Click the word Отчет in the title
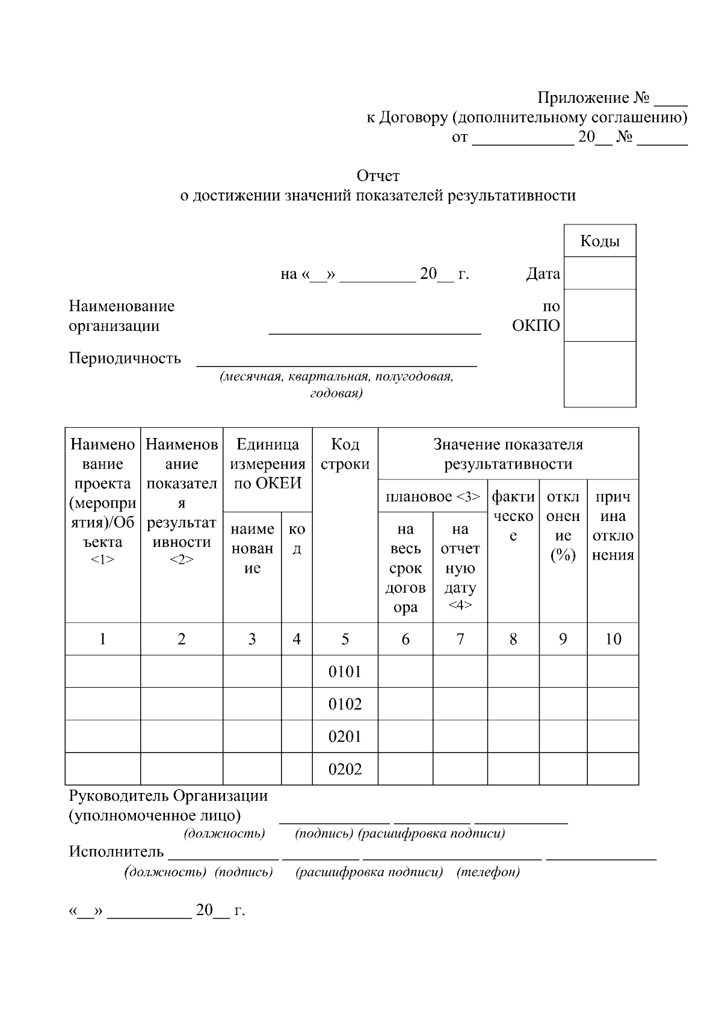pyautogui.click(x=378, y=176)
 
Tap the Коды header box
pyautogui.click(x=599, y=241)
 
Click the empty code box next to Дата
pyautogui.click(x=599, y=273)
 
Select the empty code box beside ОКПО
pyautogui.click(x=599, y=315)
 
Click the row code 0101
pyautogui.click(x=345, y=671)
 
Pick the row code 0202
pyautogui.click(x=345, y=769)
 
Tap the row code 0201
pyautogui.click(x=345, y=736)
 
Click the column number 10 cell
pyautogui.click(x=612, y=639)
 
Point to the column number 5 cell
pyautogui.click(x=345, y=639)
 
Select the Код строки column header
pyautogui.click(x=345, y=454)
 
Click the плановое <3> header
pyautogui.click(x=433, y=496)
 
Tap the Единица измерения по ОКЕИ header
pyautogui.click(x=267, y=463)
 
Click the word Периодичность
pyautogui.click(x=125, y=358)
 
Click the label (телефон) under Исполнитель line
pyautogui.click(x=488, y=872)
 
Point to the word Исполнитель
pyautogui.click(x=116, y=851)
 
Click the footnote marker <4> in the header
pyautogui.click(x=460, y=605)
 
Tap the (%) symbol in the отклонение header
pyautogui.click(x=563, y=555)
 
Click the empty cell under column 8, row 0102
pyautogui.click(x=513, y=704)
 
